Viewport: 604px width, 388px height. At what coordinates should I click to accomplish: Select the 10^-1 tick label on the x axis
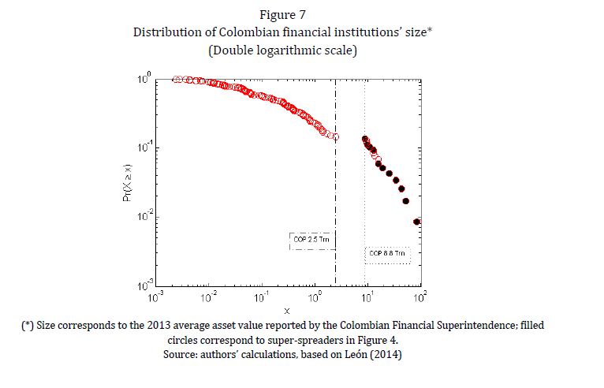(261, 297)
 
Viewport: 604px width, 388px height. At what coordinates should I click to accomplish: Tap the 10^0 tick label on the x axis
(315, 297)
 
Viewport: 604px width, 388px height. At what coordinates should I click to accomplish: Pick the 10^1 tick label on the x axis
(367, 297)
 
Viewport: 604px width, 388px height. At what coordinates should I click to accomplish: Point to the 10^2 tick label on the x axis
(419, 297)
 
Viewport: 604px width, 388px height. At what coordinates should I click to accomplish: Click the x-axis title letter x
(287, 311)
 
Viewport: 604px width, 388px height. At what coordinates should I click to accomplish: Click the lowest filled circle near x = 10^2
(418, 222)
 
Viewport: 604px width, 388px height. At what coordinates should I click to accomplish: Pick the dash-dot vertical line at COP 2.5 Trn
(336, 197)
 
